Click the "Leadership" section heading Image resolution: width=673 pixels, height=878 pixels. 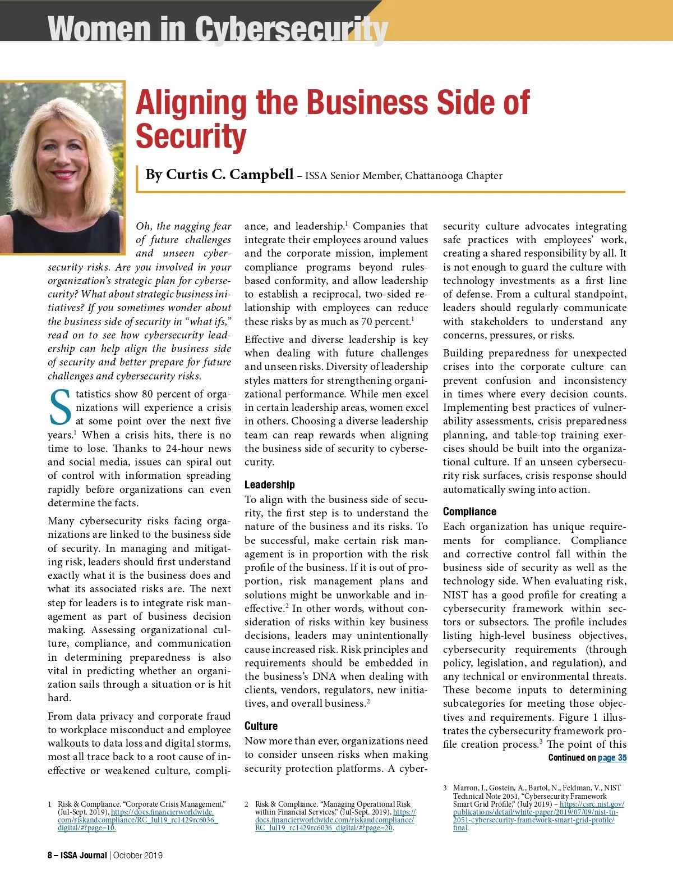tap(269, 484)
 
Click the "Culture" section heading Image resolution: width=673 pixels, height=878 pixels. tap(261, 726)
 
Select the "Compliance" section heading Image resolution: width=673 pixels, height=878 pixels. tap(469, 511)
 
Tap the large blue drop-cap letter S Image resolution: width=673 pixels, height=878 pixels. tap(60, 408)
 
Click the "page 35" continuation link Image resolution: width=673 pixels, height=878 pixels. tap(612, 758)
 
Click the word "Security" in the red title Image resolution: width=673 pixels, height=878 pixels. tap(191, 137)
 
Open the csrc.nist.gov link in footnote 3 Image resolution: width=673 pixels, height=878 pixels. tap(592, 804)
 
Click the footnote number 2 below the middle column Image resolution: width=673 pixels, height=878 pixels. tap(247, 804)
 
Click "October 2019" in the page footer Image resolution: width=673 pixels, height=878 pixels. tap(138, 856)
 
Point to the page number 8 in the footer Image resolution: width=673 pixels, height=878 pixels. tap(50, 856)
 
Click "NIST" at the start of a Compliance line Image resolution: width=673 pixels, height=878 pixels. tap(455, 595)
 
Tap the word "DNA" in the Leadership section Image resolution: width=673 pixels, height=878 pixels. tap(324, 676)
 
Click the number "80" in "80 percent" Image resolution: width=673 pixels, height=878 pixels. tap(147, 394)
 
